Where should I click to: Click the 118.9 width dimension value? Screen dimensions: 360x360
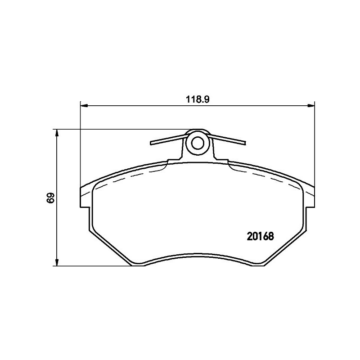(x=198, y=100)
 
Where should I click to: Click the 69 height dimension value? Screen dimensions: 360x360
(x=50, y=198)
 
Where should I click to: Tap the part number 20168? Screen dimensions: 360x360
(x=261, y=236)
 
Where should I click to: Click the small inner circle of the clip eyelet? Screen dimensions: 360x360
(x=198, y=144)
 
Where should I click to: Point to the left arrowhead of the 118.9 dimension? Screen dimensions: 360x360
(x=84, y=106)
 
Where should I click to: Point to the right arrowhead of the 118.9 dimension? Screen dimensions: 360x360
(x=310, y=106)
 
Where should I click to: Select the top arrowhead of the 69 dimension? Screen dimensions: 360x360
(x=57, y=133)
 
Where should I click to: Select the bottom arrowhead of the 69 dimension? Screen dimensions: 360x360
(x=57, y=262)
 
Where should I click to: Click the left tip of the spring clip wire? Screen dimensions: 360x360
(x=151, y=143)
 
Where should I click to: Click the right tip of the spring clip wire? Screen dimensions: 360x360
(x=245, y=143)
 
